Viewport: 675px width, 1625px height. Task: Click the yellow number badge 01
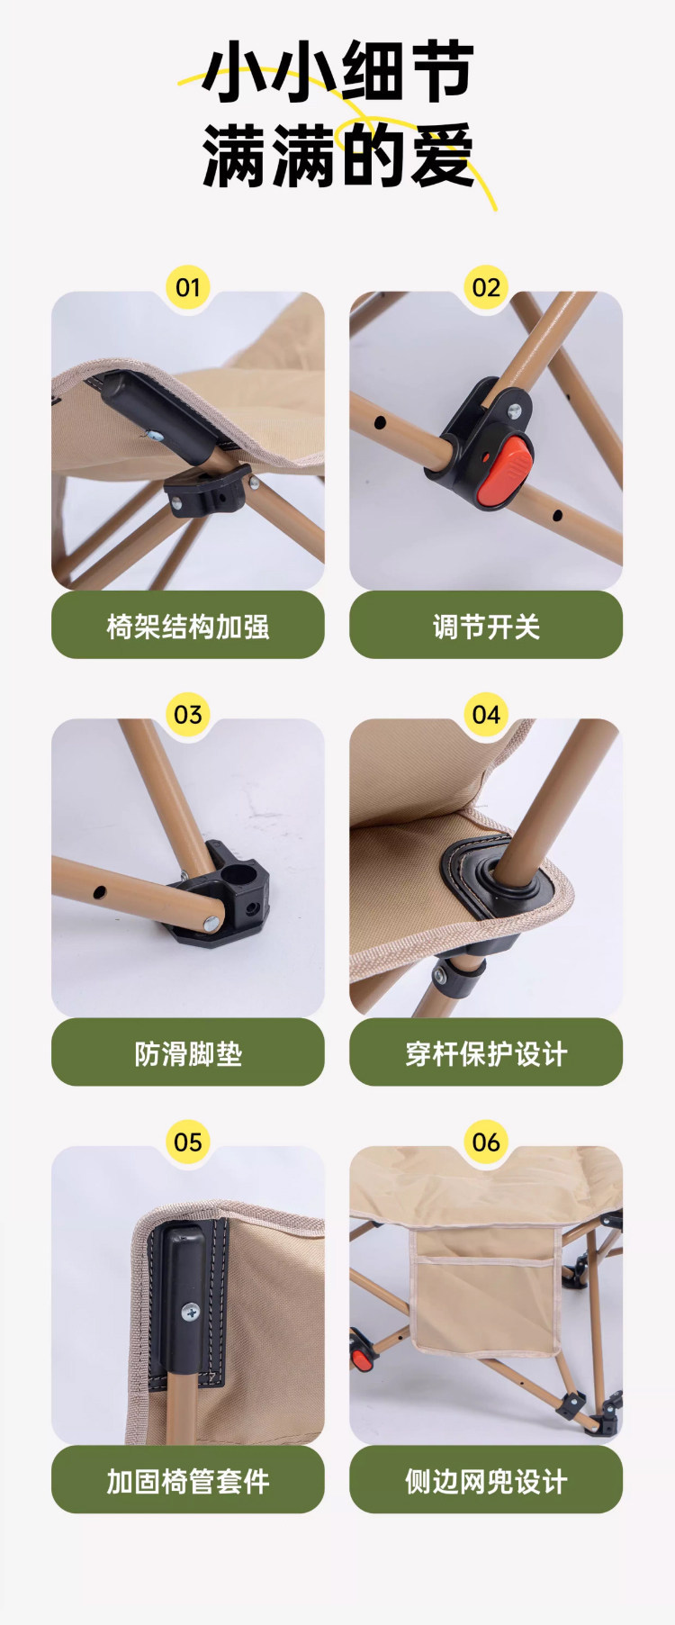pos(187,287)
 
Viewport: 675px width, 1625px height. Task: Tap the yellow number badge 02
pos(486,287)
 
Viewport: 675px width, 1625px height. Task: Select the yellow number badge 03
pos(187,715)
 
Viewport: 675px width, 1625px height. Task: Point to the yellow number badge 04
pos(486,715)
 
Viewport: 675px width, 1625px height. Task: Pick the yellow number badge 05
pos(187,1142)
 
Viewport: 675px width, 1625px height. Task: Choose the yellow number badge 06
pos(486,1142)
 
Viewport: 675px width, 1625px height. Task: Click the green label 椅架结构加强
pos(187,625)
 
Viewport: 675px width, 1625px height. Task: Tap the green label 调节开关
pos(486,625)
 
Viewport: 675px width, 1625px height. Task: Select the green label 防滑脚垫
pos(187,1052)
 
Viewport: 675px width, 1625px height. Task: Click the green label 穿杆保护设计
pos(486,1052)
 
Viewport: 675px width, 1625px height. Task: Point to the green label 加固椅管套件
pos(187,1479)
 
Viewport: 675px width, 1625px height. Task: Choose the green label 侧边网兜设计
pos(486,1479)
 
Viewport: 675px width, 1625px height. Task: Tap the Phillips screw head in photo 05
pos(190,1313)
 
